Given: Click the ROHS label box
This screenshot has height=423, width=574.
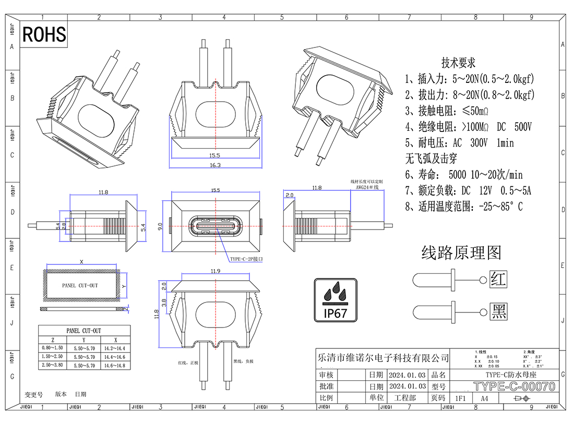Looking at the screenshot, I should (44, 34).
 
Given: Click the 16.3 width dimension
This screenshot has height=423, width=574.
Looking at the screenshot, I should (215, 165).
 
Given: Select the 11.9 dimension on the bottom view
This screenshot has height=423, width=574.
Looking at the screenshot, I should (214, 271).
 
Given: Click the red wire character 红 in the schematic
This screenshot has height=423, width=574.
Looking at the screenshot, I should (499, 280).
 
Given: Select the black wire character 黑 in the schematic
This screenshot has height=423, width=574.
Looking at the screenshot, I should (499, 312).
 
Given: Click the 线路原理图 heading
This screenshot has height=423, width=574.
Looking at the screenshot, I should (461, 253).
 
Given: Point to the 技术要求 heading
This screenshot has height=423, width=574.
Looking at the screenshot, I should (459, 63).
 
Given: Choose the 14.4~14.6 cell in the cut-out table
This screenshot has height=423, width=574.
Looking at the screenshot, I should (115, 357).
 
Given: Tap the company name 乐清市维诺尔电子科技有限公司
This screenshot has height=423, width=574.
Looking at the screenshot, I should (383, 358).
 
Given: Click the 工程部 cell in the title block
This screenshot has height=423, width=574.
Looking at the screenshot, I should (405, 398).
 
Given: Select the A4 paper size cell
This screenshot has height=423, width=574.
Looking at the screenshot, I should (484, 398).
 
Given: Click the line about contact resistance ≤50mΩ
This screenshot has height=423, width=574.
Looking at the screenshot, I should (447, 111).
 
